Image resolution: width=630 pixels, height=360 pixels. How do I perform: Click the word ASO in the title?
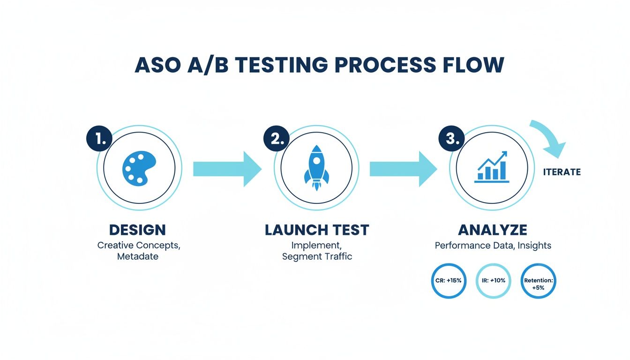[157, 65]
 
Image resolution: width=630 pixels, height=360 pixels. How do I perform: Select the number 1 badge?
[99, 138]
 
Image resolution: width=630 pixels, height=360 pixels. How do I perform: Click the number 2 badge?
[277, 138]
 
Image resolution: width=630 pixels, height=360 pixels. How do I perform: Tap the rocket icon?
[316, 168]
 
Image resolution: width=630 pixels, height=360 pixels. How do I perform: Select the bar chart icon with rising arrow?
[492, 167]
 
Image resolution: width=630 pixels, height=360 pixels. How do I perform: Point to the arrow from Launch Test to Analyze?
[403, 169]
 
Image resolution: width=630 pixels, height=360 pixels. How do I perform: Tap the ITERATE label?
[562, 172]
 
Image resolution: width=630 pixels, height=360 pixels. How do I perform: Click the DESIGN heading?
[137, 230]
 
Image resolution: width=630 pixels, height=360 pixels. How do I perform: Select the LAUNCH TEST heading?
[317, 230]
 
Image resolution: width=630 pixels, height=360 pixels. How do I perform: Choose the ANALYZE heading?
[492, 230]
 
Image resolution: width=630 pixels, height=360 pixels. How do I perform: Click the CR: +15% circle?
[449, 281]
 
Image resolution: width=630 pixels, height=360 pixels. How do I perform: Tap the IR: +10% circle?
[493, 281]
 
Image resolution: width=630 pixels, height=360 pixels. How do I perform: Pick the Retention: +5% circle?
[539, 281]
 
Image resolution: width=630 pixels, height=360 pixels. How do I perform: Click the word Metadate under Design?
[138, 257]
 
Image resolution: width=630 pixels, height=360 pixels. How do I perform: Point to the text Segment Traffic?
[317, 257]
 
